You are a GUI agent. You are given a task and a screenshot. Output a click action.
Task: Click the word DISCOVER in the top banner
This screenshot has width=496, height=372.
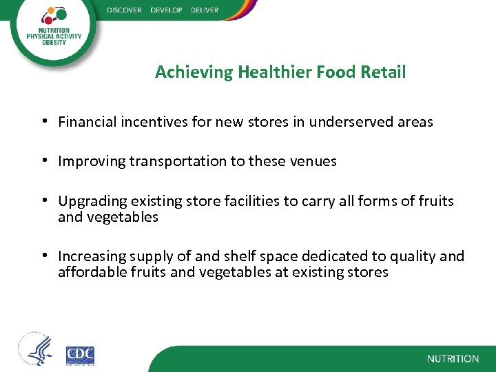(124, 10)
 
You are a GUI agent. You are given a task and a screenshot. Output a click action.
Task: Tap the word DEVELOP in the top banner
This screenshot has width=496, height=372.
(165, 10)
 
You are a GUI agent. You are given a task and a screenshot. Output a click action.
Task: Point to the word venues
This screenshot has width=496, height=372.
(314, 162)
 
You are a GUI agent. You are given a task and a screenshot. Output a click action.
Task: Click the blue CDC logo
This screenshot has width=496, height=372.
(80, 355)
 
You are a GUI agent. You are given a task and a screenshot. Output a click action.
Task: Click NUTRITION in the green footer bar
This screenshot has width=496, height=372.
(452, 359)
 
